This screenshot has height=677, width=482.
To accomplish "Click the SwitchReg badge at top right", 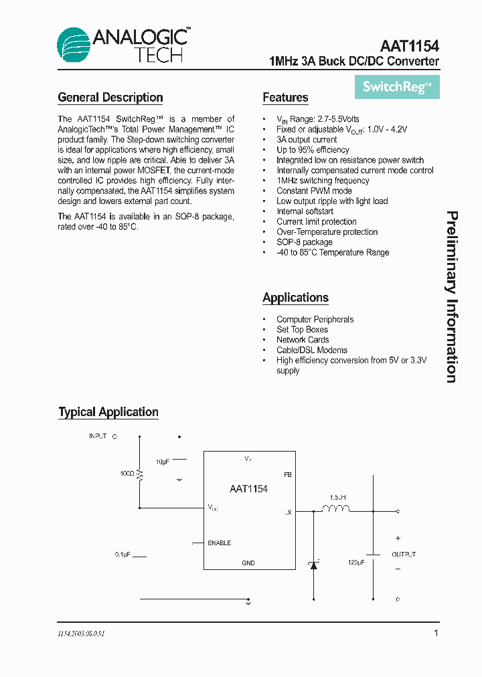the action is tap(396, 87).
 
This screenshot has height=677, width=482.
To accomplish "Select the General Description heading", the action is tap(110, 98).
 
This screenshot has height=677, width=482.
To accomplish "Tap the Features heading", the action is tap(285, 98).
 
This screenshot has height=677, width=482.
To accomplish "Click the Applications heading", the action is tap(295, 298).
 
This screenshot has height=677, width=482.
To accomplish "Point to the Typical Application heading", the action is tap(108, 412).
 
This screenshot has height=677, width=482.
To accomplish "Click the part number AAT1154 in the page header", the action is tap(409, 45).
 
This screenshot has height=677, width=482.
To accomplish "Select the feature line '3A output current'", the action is tap(307, 140).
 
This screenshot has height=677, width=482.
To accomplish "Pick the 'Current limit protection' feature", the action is tap(316, 221).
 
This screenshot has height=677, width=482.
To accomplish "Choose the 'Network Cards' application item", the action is tap(303, 340).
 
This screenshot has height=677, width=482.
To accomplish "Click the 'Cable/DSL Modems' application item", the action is tap(311, 350).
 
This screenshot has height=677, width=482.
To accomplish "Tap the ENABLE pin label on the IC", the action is tap(220, 543).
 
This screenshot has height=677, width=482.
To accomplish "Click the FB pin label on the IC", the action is tap(288, 474).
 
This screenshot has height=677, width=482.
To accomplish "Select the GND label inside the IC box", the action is tap(248, 563).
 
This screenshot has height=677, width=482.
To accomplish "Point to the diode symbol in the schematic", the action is tap(313, 564).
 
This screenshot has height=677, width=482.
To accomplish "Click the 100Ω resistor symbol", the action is tap(140, 474).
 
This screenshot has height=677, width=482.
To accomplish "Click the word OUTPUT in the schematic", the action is tap(404, 555).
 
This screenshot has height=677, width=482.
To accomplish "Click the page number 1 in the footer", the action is tap(436, 633).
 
